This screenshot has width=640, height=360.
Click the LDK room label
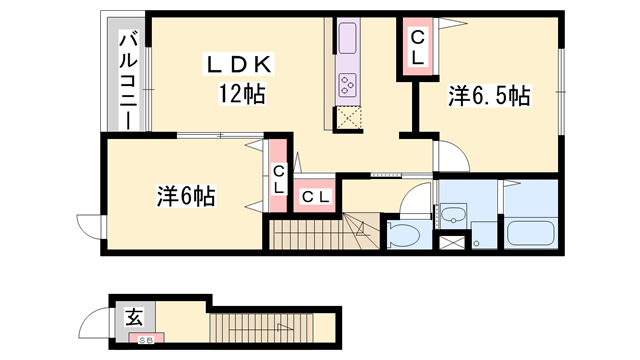[x=239, y=64]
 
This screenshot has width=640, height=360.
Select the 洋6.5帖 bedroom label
[x=489, y=96]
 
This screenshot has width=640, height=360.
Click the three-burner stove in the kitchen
[x=349, y=85]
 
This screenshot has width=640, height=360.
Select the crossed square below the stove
[x=349, y=116]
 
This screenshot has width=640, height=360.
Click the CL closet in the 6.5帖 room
[x=417, y=48]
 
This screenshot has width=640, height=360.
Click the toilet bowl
[x=404, y=236]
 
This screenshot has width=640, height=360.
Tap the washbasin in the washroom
[x=453, y=213]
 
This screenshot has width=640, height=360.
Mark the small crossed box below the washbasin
[x=454, y=240]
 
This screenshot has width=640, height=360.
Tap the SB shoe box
[x=146, y=340]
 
